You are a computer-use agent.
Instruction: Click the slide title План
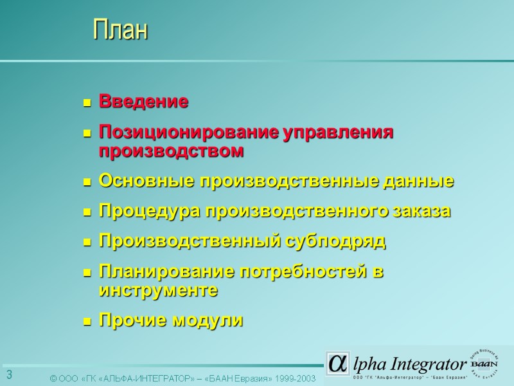click(120, 30)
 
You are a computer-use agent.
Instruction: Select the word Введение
click(143, 102)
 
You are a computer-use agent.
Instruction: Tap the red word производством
click(172, 151)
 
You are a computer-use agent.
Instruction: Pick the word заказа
click(421, 212)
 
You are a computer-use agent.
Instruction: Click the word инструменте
click(158, 291)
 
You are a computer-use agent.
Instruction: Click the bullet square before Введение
click(86, 102)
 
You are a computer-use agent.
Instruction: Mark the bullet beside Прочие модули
click(86, 321)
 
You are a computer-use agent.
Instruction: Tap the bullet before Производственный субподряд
click(86, 243)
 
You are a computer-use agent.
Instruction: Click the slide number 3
click(10, 375)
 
